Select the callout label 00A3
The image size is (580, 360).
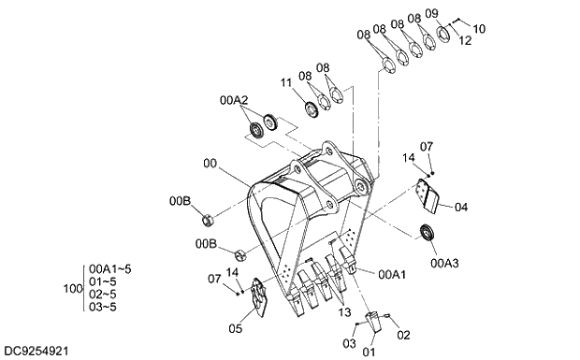point(444,263)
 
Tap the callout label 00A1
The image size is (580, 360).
point(392,274)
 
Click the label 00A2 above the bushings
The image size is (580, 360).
point(234,100)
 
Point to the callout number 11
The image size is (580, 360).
point(286,82)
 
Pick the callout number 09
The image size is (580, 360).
point(431,14)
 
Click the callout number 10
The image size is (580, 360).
point(479,29)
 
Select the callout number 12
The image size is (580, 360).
point(465,40)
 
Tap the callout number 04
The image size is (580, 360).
point(461,207)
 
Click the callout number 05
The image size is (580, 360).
point(235,328)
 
